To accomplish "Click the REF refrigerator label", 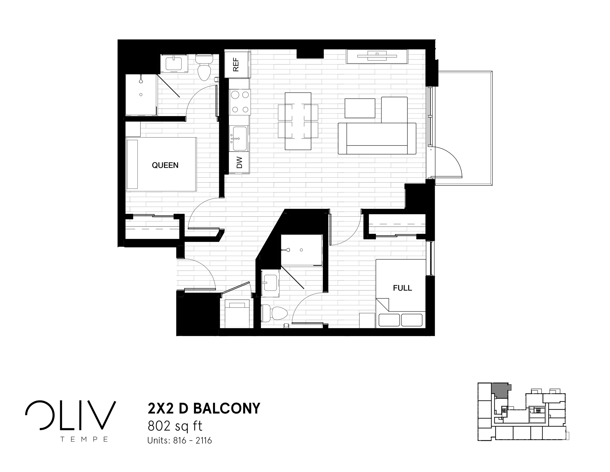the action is [236, 65].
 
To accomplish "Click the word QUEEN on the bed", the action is [165, 165].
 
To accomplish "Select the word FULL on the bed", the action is [402, 288].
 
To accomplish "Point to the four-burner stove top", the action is [240, 102].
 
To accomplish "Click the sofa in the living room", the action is [377, 138].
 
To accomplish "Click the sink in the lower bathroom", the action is [270, 283].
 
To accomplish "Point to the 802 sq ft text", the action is [175, 426].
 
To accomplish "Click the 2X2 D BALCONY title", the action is [204, 408].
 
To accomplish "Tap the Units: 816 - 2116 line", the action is [180, 440].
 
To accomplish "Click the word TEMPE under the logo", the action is [84, 439].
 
